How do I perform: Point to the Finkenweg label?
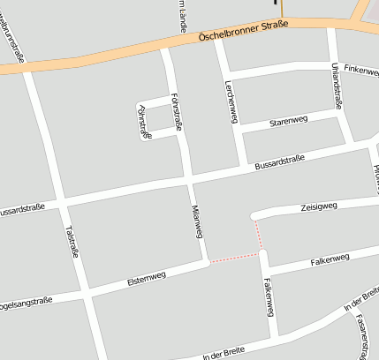pos(360,68)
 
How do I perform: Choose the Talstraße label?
pos(72,241)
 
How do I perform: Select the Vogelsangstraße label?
pos(25,303)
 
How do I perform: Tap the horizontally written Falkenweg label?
pos(330,259)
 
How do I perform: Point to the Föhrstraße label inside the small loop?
pos(144,121)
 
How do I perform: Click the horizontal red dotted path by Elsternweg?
pos(235,258)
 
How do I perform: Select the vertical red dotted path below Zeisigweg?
pos(260,233)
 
